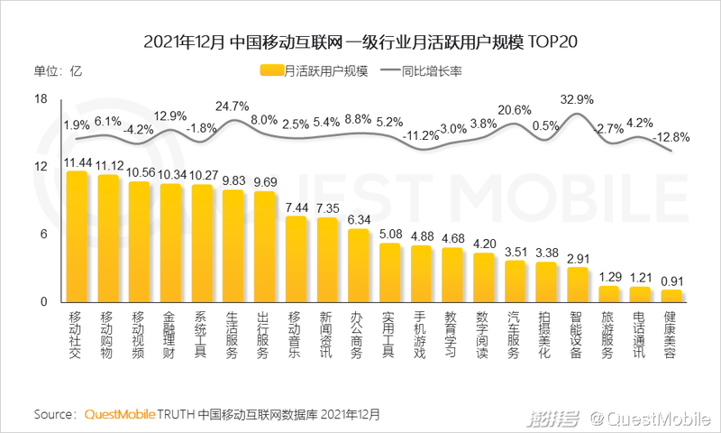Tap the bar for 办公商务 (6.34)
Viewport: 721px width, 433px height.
(x=358, y=265)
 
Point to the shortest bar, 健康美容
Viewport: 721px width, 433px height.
(x=671, y=296)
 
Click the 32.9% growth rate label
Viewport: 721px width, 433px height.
(x=577, y=98)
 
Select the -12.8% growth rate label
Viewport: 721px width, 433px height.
(x=671, y=137)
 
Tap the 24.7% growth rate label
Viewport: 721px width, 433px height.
(x=233, y=106)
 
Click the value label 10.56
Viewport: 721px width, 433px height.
(x=140, y=172)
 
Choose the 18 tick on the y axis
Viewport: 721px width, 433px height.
(x=41, y=99)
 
